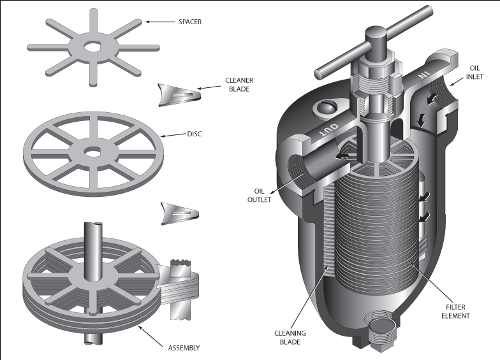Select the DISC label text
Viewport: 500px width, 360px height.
pos(194,134)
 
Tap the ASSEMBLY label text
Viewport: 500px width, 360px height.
pos(184,348)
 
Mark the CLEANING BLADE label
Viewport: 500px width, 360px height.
pos(290,338)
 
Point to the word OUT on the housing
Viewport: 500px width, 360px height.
pos(330,127)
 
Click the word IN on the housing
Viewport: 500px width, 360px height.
pos(422,75)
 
